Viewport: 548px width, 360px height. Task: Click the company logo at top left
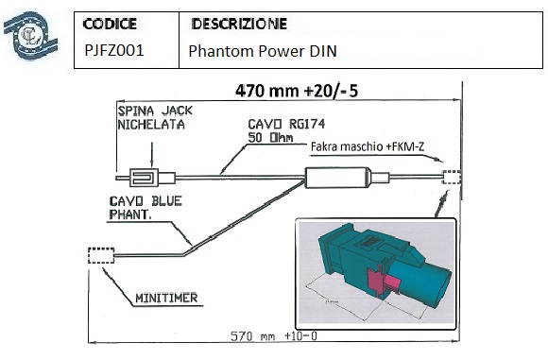point(31,35)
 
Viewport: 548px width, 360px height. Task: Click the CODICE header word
point(110,24)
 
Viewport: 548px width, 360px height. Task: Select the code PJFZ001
point(114,50)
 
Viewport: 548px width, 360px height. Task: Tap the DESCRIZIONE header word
point(239,24)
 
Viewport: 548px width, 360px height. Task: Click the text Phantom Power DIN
point(263,51)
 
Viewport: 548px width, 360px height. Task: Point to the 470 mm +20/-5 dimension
point(297,91)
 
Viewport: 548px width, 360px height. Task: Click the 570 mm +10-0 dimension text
point(274,335)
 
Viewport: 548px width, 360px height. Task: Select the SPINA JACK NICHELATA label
point(155,118)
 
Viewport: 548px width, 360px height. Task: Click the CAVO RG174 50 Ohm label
point(286,130)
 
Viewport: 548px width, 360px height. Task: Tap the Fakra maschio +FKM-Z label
point(368,146)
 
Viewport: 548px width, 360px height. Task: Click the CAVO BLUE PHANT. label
point(146,208)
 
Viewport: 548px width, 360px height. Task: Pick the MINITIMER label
point(166,298)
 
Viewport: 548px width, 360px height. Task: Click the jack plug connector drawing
point(146,178)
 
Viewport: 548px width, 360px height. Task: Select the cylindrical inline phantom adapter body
point(337,178)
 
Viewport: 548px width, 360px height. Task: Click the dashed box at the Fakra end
point(452,178)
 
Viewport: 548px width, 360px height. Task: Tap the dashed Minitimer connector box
point(101,255)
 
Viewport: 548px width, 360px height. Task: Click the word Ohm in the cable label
point(282,137)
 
